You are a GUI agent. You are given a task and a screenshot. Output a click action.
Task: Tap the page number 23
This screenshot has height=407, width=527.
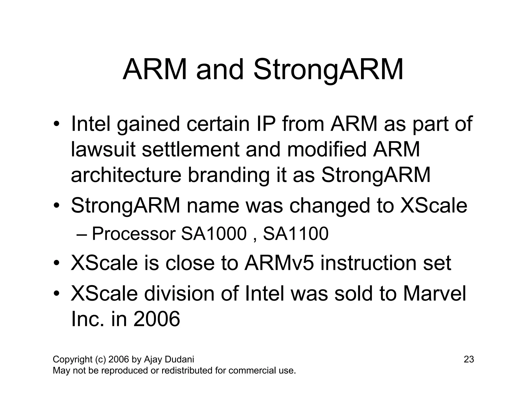coord(469,359)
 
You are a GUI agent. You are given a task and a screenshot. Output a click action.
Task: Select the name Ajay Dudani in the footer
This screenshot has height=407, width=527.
coord(169,359)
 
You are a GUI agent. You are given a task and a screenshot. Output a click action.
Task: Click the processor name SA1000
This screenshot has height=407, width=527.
coord(214,234)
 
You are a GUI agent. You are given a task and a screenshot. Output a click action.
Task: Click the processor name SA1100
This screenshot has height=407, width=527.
coord(296,234)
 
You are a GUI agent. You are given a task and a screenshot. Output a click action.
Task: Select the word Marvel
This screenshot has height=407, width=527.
coord(434,294)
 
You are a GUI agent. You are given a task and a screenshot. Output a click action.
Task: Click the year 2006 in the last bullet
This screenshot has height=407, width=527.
coord(156,319)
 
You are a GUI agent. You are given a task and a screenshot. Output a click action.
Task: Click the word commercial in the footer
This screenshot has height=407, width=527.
coord(252,371)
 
